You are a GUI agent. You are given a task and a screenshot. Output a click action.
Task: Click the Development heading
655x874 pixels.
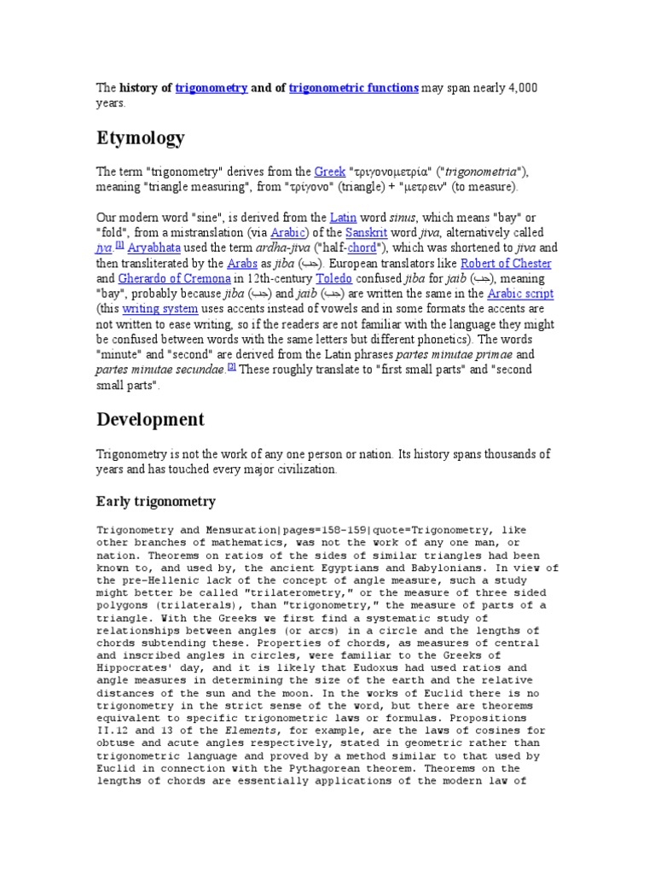point(150,419)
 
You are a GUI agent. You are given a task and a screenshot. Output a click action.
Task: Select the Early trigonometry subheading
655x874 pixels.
point(155,501)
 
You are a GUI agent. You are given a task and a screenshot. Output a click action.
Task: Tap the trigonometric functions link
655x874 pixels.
point(354,88)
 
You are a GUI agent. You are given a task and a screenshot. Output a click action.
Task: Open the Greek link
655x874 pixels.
point(329,171)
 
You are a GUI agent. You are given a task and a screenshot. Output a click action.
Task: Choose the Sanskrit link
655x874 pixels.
point(346,232)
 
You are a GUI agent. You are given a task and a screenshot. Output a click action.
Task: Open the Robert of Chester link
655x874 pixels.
point(506,263)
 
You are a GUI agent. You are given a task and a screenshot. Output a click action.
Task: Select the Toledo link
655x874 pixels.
point(334,278)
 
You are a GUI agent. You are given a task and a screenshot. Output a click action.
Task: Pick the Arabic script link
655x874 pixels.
point(520,294)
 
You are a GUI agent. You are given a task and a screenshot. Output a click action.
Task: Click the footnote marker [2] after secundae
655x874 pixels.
point(231,368)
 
